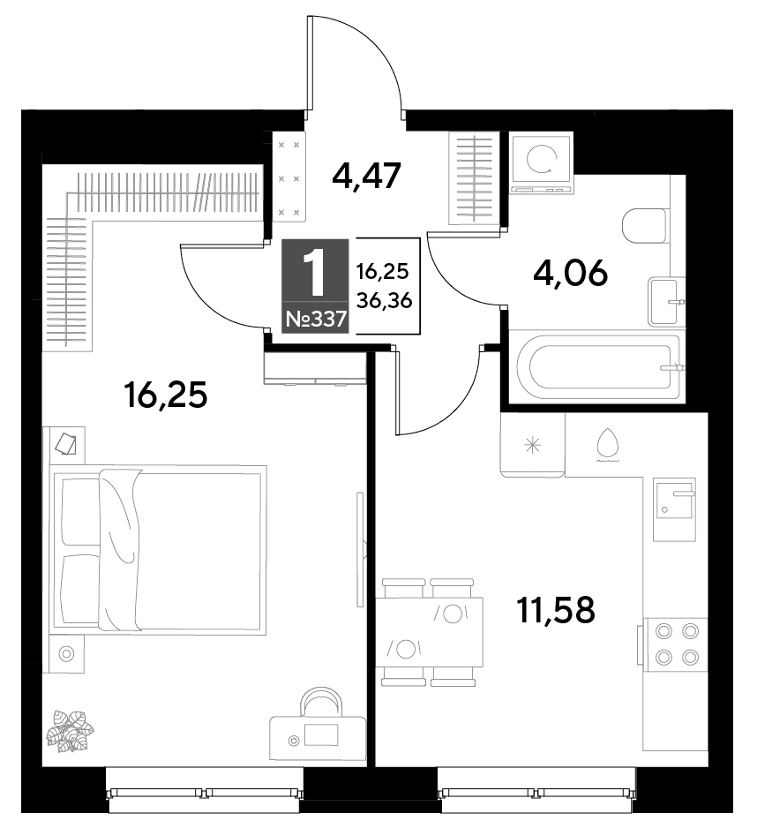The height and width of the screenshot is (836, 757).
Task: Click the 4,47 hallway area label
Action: click(x=365, y=176)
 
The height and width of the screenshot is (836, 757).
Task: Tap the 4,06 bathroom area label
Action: click(x=570, y=274)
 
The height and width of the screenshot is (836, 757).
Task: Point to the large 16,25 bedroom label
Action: click(x=165, y=395)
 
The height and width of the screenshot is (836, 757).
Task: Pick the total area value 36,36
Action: click(x=384, y=301)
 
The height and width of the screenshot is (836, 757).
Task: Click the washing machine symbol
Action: click(x=541, y=163)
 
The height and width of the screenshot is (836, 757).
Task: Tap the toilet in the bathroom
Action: click(x=644, y=226)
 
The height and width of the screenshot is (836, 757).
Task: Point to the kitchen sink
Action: click(x=674, y=509)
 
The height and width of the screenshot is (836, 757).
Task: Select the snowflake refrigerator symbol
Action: click(x=532, y=445)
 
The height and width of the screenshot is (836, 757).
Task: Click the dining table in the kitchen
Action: click(x=430, y=632)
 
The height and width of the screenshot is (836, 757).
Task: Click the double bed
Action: click(x=158, y=550)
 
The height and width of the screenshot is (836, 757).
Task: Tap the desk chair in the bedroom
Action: click(x=322, y=703)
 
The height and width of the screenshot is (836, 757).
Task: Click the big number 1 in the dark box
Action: click(x=316, y=274)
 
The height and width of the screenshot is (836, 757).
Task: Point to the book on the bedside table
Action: click(x=66, y=443)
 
